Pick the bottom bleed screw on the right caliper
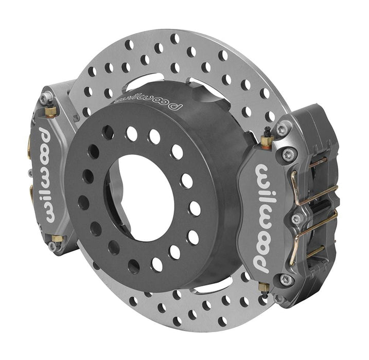[x=265, y=288]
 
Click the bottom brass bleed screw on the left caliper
[x=56, y=239]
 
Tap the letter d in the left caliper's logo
[x=43, y=136]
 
